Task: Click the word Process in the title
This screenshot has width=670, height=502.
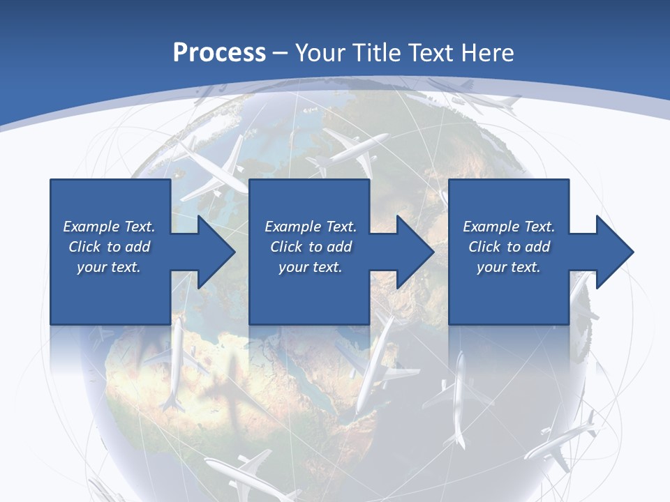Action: (219, 52)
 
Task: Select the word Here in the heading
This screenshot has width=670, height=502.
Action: (486, 52)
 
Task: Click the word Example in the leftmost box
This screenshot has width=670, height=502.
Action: (91, 227)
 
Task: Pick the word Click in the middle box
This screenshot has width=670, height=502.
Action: (285, 247)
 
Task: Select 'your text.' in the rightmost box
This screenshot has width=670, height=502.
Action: (508, 267)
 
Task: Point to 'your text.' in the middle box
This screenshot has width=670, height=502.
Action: (310, 267)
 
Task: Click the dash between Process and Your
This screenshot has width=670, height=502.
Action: (281, 53)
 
